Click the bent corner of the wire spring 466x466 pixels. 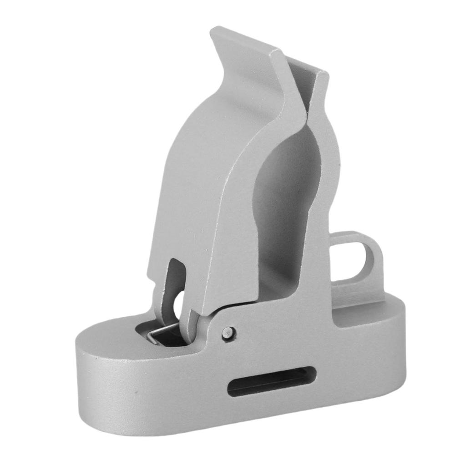152,336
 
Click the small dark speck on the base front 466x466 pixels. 136,391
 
